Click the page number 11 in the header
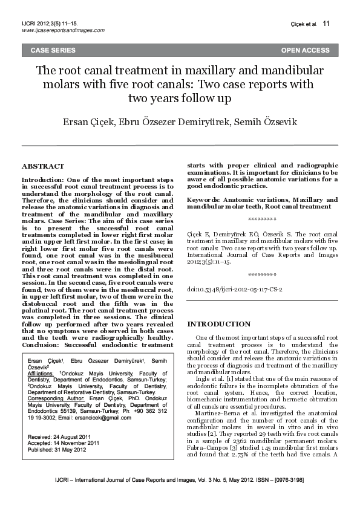click(x=327, y=24)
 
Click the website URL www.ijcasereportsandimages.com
click(x=63, y=30)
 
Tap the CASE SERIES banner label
click(x=53, y=50)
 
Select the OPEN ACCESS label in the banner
click(x=306, y=50)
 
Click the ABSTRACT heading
click(x=43, y=166)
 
